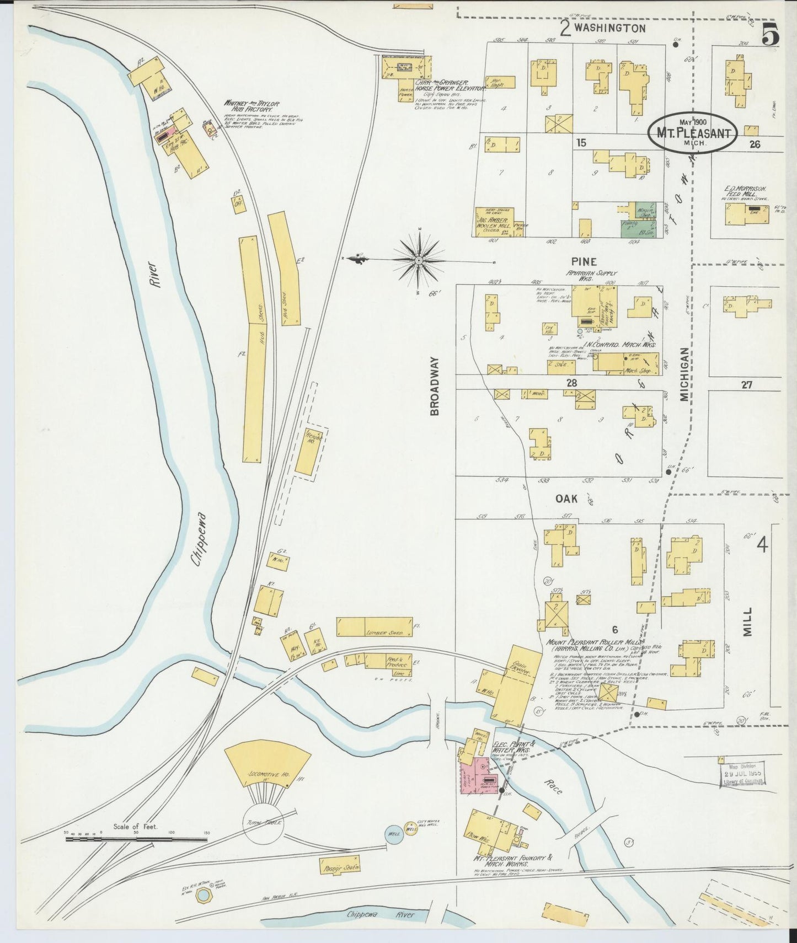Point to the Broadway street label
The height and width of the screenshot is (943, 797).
point(435,385)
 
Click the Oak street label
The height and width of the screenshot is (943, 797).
point(566,499)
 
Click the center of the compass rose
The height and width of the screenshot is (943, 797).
point(419,259)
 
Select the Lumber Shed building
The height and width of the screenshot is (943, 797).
point(375,627)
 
